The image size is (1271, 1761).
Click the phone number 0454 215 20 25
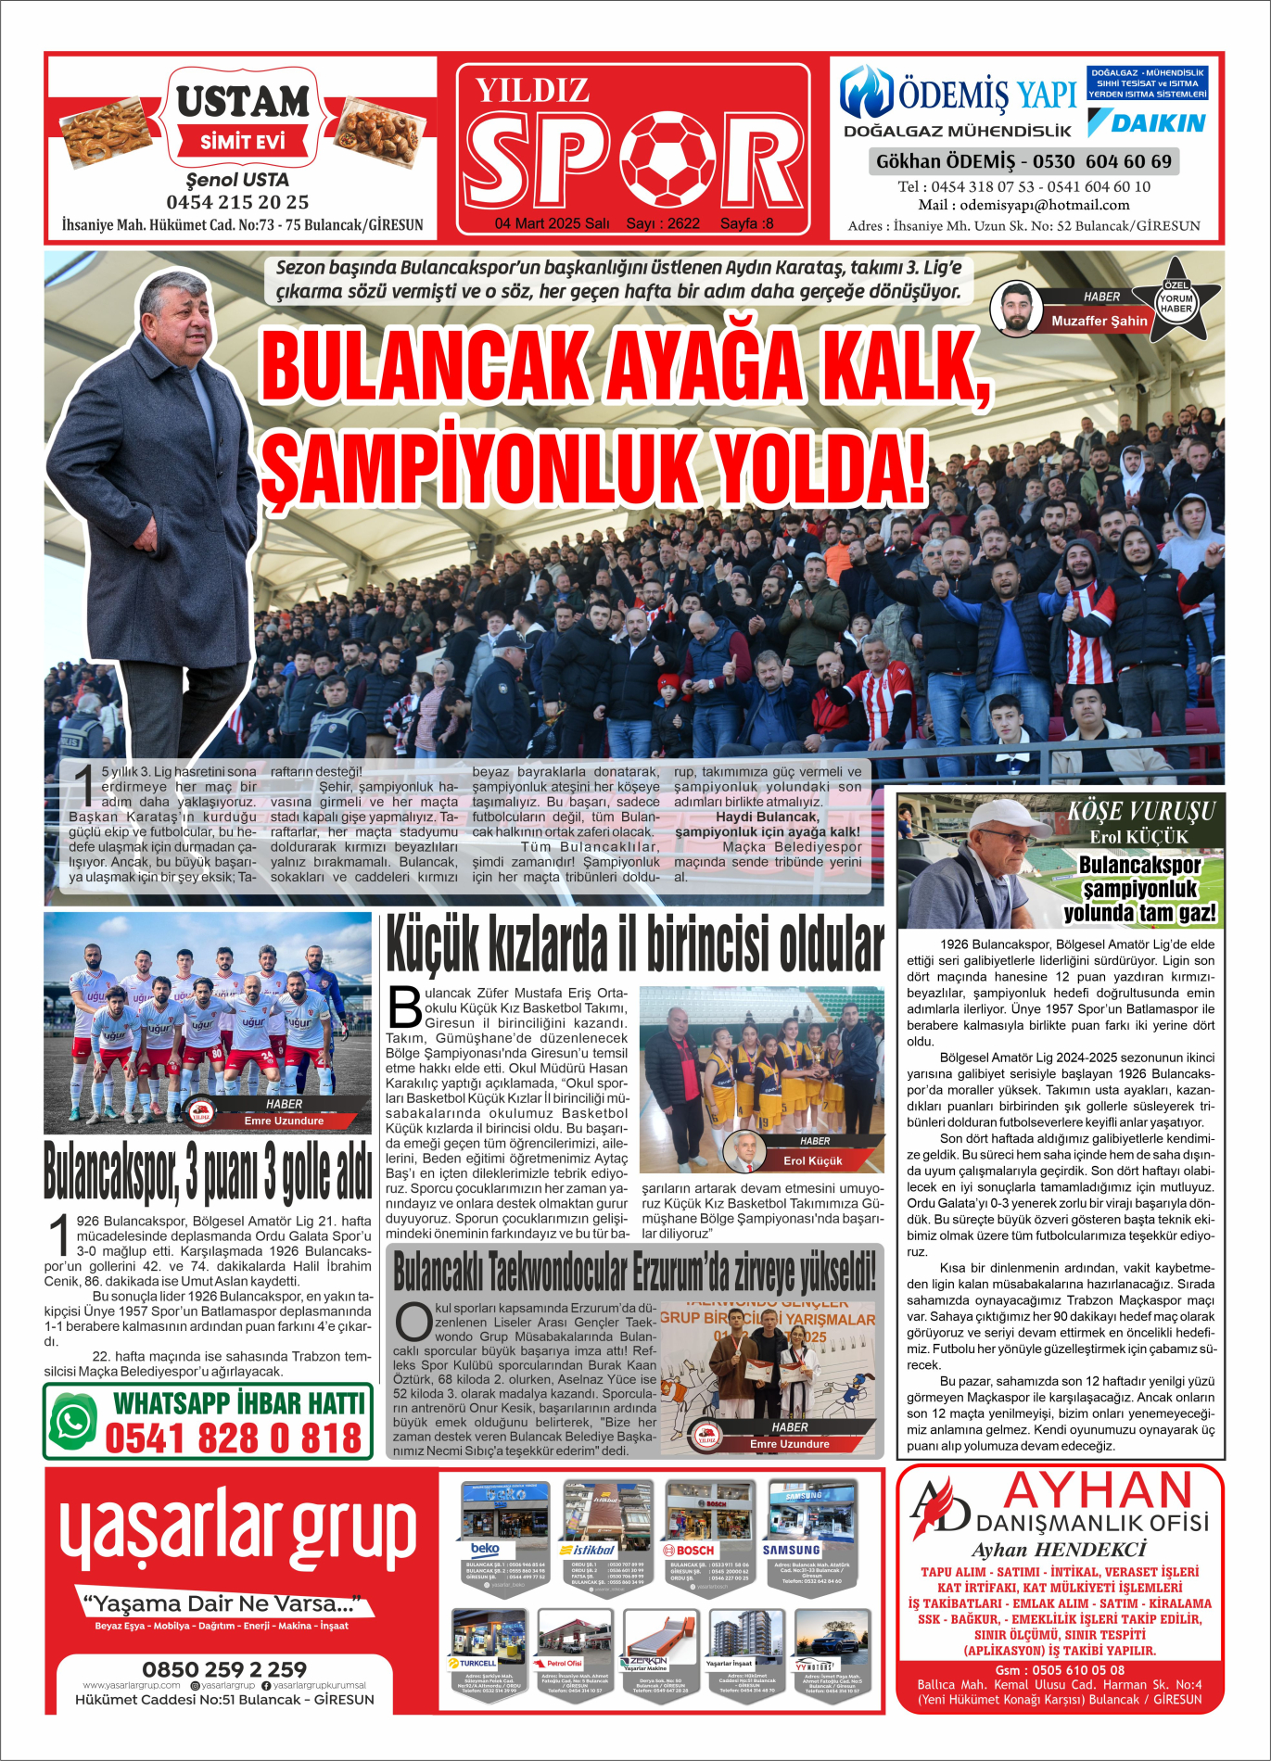[237, 202]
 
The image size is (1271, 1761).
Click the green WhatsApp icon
[74, 1421]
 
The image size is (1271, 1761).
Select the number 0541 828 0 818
[233, 1438]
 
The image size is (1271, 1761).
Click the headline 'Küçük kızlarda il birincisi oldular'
[634, 944]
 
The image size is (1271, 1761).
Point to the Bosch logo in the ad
[689, 1550]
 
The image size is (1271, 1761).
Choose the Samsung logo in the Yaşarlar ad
[791, 1550]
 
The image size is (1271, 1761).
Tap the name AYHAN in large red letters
[1098, 1491]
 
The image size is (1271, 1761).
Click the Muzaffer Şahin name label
[1099, 322]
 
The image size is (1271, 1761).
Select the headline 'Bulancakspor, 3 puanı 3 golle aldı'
[208, 1172]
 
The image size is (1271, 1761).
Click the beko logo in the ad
[486, 1549]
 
